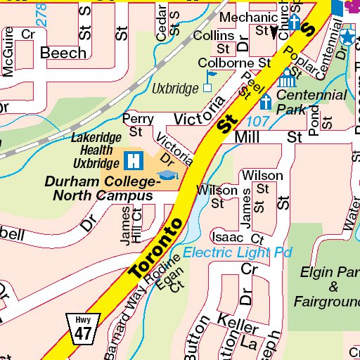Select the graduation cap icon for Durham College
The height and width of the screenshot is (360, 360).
pos(167,175)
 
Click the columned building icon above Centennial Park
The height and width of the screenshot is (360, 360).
pos(287,77)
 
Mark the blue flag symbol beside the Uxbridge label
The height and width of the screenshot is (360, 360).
pos(207,88)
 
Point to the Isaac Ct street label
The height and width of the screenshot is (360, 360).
pos(237,238)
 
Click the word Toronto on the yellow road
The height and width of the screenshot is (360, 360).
pos(157,248)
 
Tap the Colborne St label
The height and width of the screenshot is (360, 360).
pos(234,63)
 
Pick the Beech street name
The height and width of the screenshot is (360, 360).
pos(63,53)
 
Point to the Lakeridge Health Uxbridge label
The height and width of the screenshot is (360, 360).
pos(96,149)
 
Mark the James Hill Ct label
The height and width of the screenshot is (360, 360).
pos(131,226)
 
